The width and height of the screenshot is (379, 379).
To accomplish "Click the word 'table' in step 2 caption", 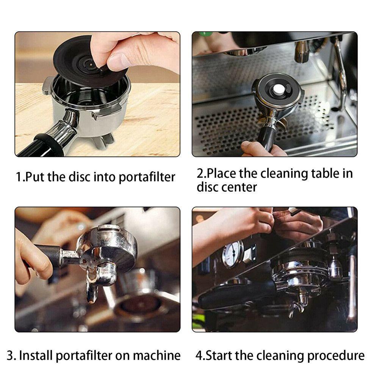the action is click(x=325, y=173).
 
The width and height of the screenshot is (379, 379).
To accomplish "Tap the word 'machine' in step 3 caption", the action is click(x=157, y=356).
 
